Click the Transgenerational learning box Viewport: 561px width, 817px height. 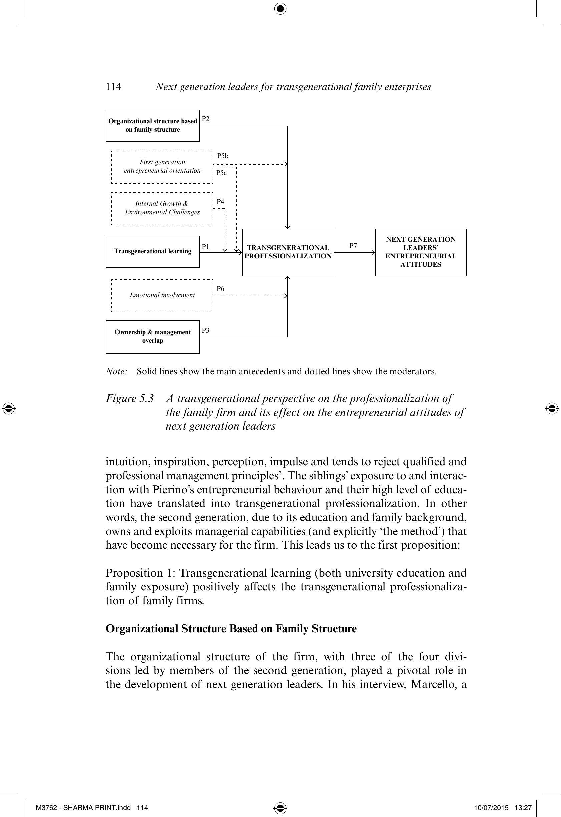click(x=152, y=251)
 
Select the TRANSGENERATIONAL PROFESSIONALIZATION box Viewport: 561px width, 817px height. click(x=288, y=252)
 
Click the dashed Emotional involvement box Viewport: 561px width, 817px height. click(x=162, y=295)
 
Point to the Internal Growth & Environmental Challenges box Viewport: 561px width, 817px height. click(x=162, y=208)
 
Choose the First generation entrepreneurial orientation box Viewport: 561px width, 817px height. click(x=162, y=167)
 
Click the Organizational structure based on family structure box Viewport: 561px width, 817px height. click(x=152, y=125)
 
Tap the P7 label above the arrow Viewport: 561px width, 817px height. click(x=353, y=246)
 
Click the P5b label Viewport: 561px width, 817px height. click(x=223, y=156)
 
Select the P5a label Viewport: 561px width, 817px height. click(x=221, y=173)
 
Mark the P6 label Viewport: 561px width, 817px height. click(x=220, y=289)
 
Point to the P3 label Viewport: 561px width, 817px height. click(x=206, y=330)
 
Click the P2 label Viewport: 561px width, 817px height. click(x=206, y=119)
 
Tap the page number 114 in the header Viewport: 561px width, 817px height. click(x=113, y=87)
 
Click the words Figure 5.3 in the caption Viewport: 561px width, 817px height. click(x=130, y=398)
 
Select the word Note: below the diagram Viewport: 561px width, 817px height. click(x=116, y=371)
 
